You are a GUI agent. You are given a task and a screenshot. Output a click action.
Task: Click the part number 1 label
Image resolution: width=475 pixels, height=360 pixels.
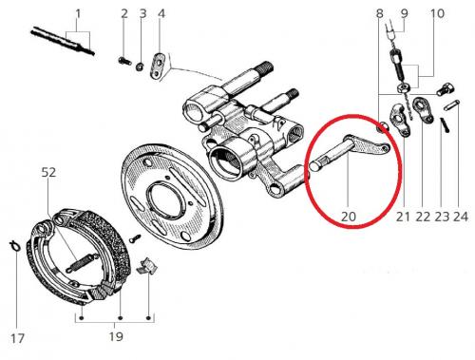pyautogui.click(x=78, y=14)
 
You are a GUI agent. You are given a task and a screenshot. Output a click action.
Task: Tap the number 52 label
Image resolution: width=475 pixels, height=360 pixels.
pyautogui.click(x=48, y=173)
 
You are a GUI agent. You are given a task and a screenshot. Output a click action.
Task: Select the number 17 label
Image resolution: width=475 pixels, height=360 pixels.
pyautogui.click(x=17, y=338)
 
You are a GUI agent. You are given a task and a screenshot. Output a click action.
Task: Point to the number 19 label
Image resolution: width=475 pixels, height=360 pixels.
pyautogui.click(x=116, y=336)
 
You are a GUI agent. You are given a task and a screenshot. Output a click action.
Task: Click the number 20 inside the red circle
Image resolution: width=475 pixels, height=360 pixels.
pyautogui.click(x=349, y=217)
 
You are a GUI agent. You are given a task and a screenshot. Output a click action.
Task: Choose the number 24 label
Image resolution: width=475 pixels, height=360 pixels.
pyautogui.click(x=461, y=217)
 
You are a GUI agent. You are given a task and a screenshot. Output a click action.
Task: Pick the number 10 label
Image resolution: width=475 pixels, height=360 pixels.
pyautogui.click(x=437, y=13)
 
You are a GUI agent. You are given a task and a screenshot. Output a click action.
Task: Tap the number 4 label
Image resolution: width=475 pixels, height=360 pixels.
pyautogui.click(x=161, y=14)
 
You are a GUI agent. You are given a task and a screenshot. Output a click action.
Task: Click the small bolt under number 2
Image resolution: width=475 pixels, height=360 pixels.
pyautogui.click(x=124, y=60)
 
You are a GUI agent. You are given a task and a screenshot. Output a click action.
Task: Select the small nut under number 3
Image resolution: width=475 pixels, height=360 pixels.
pyautogui.click(x=139, y=66)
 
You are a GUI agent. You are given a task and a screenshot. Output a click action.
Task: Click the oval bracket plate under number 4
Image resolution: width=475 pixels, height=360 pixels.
pyautogui.click(x=157, y=65)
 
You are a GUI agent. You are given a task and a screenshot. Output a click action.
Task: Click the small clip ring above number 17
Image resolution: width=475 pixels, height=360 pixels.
pyautogui.click(x=14, y=246)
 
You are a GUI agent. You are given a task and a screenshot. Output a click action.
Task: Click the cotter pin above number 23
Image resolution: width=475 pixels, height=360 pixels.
pyautogui.click(x=445, y=125)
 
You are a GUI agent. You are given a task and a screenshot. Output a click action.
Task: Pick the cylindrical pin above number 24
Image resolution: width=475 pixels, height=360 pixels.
pyautogui.click(x=452, y=105)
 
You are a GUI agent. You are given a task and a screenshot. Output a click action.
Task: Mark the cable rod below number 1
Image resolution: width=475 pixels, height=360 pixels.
pyautogui.click(x=63, y=42)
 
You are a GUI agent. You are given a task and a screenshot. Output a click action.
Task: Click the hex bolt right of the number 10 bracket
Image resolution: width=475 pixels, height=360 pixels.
pyautogui.click(x=446, y=89)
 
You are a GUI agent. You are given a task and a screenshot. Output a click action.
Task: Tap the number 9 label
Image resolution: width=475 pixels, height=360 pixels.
pyautogui.click(x=405, y=13)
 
